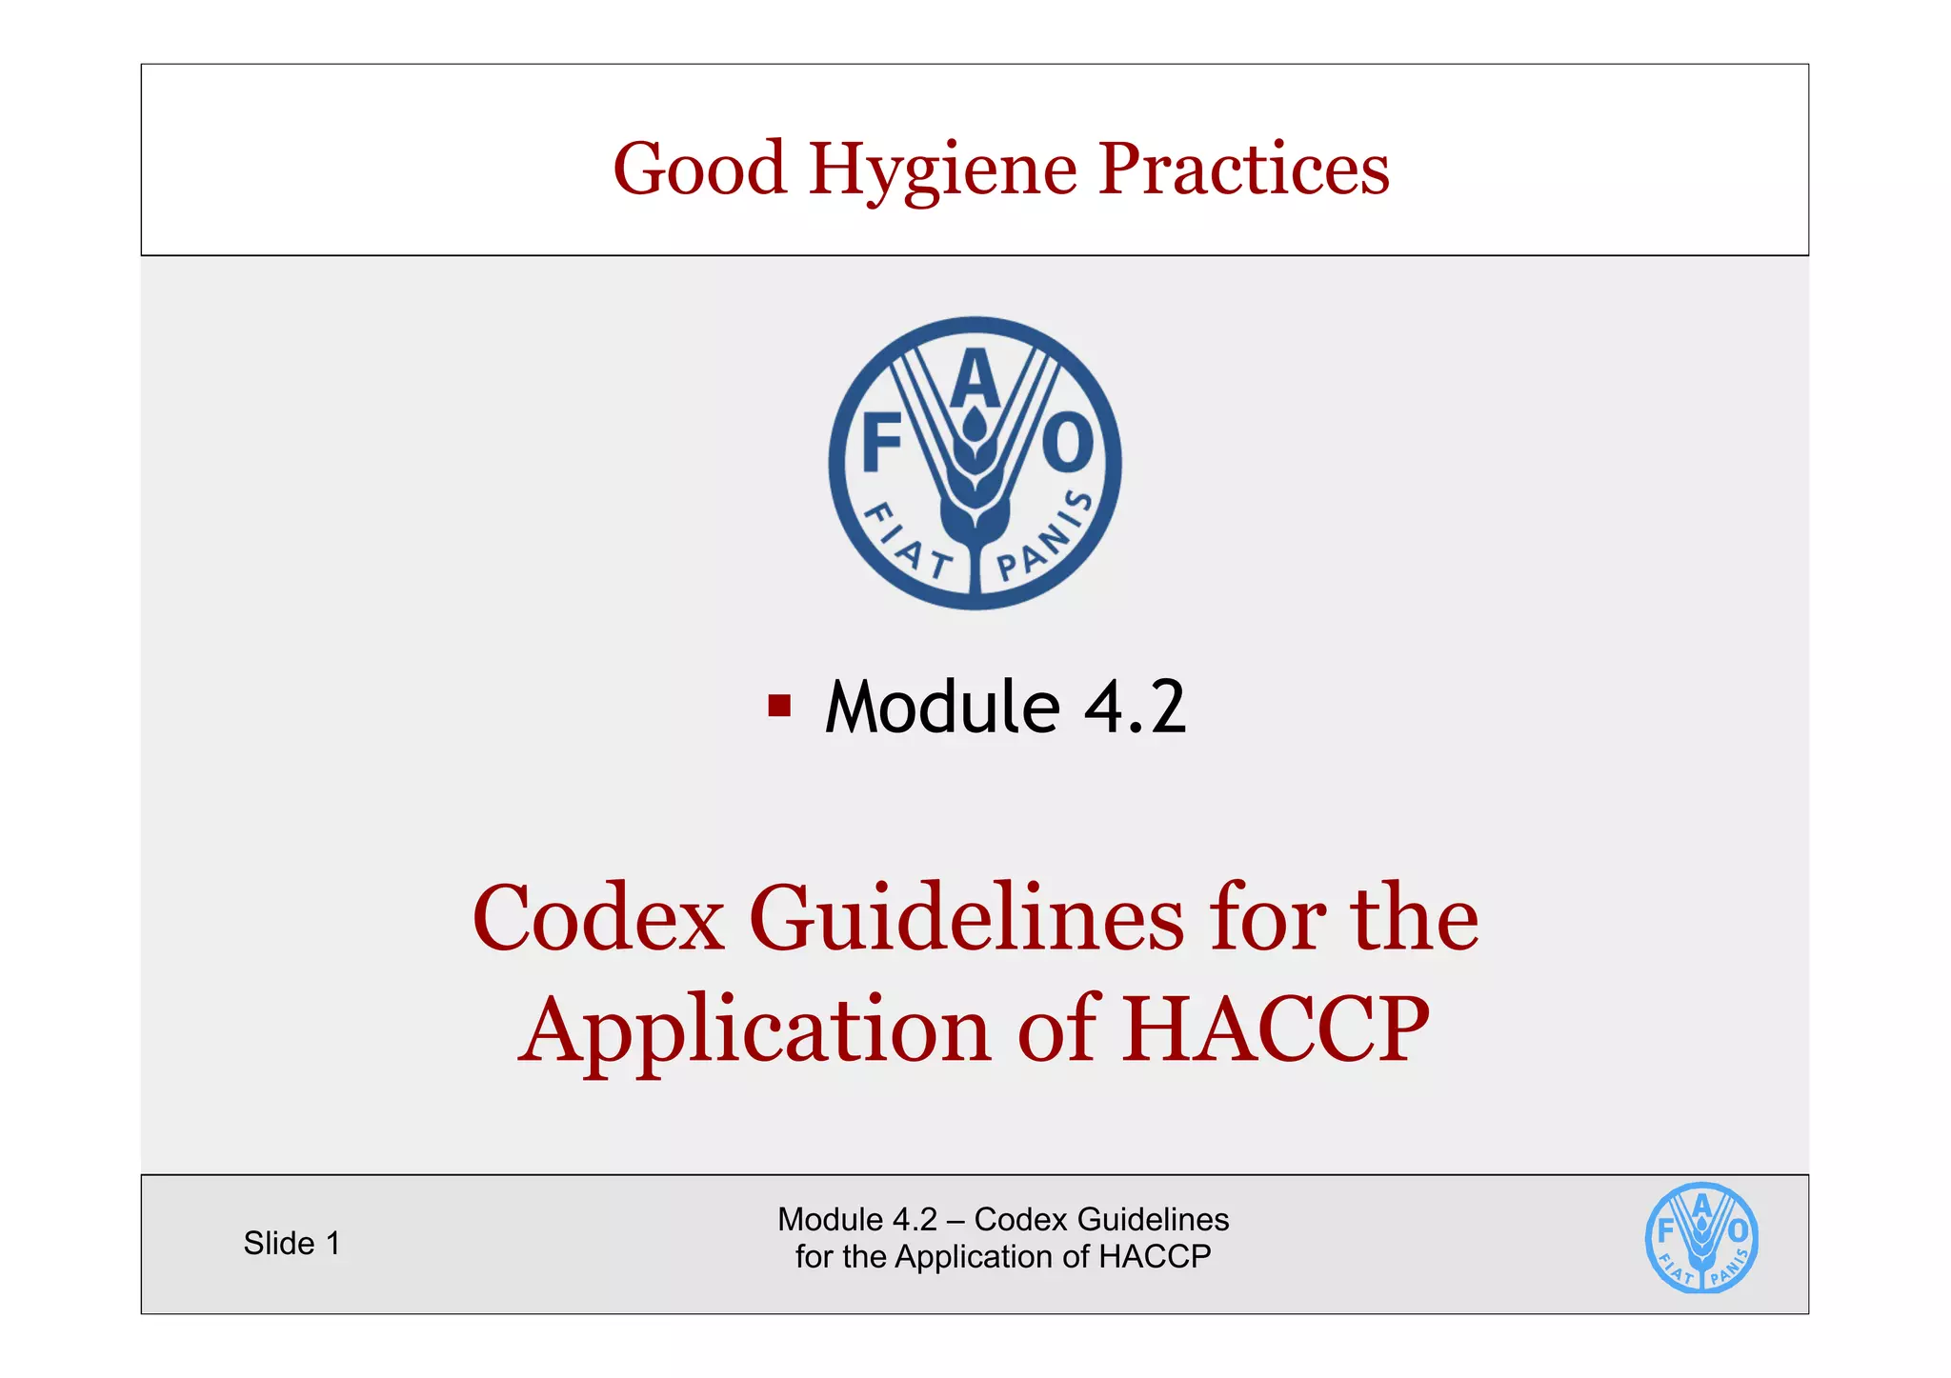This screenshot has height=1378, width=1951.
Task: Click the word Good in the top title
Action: coord(700,169)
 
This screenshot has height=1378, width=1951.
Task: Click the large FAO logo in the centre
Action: coord(975,464)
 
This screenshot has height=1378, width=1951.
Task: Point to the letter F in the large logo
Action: coord(881,443)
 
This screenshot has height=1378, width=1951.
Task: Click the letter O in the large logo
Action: coord(1068,443)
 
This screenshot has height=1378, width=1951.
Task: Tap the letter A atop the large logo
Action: coord(975,379)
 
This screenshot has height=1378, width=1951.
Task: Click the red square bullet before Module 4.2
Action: coord(779,706)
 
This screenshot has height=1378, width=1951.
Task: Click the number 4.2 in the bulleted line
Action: coord(1135,707)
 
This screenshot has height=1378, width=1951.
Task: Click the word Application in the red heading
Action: coord(754,1029)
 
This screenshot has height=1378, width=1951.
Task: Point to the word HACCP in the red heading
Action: coord(1275,1029)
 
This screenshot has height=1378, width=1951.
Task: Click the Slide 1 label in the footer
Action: coord(292,1243)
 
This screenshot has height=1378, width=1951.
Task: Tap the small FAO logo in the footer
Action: coord(1701,1238)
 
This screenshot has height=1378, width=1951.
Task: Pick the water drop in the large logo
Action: coord(974,425)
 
